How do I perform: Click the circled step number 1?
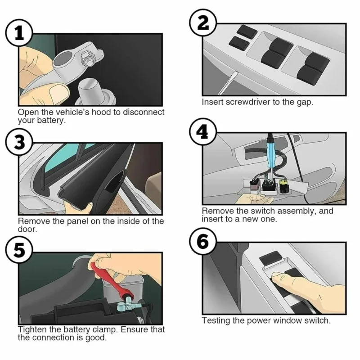[x=19, y=33]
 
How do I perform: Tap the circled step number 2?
[x=203, y=23]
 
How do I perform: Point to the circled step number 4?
[x=203, y=132]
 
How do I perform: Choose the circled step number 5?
[x=19, y=251]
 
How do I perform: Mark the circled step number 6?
[x=203, y=242]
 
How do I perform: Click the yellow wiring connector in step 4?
[x=283, y=186]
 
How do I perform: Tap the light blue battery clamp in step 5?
[x=126, y=306]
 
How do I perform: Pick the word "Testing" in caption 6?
[x=216, y=320]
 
